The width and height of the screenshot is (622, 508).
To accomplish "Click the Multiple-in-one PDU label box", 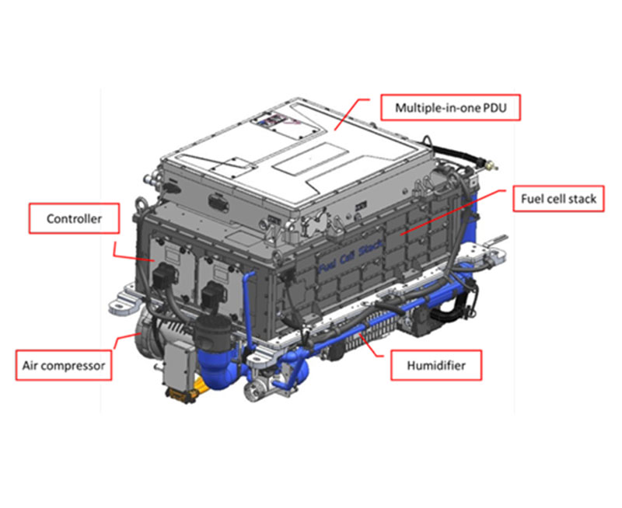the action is [x=450, y=107].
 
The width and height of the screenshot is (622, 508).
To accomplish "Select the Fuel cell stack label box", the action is [x=558, y=199].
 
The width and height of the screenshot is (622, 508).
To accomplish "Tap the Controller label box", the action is [x=74, y=218].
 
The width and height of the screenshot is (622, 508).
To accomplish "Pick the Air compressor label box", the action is [x=64, y=365].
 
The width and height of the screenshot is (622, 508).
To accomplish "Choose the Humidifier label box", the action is [x=436, y=365].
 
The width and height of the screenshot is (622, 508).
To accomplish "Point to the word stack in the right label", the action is [x=582, y=199].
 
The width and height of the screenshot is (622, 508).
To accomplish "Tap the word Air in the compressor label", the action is [x=30, y=365].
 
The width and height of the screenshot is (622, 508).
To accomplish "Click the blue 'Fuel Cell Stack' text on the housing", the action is [x=351, y=256].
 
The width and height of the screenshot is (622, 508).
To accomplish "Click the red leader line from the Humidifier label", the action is [x=371, y=346].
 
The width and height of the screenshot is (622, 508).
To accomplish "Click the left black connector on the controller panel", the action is [x=164, y=274].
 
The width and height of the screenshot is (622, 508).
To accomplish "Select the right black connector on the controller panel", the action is [x=213, y=294].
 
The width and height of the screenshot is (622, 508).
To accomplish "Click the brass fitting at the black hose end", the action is [x=491, y=165].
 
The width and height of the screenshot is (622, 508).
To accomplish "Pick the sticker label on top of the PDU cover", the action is [x=271, y=120].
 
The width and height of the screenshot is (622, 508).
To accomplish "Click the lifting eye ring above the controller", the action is [x=141, y=205].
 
